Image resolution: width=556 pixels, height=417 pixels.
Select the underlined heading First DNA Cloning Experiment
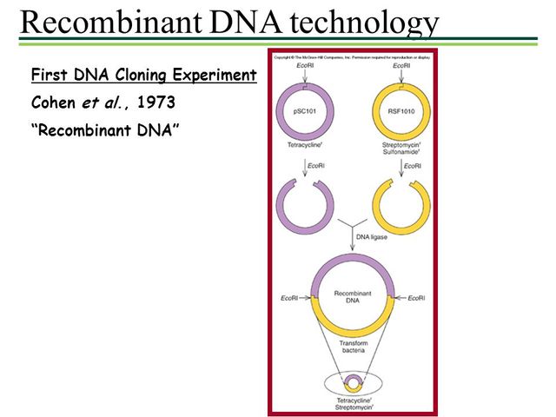(143, 76)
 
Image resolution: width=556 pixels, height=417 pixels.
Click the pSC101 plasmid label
(304, 110)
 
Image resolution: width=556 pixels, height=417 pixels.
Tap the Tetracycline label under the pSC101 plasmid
(304, 146)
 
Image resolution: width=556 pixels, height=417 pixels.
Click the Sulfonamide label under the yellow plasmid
(401, 154)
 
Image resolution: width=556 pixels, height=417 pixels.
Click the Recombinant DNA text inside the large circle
(353, 298)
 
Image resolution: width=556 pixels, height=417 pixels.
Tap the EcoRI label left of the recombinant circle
(292, 299)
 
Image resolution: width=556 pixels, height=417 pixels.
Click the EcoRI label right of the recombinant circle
(414, 299)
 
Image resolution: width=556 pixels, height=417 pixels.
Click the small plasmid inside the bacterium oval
(353, 382)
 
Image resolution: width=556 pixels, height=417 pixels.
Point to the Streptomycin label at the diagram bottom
(353, 407)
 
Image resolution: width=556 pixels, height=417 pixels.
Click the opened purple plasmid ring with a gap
(304, 207)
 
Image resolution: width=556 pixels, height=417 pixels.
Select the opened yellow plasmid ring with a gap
(401, 207)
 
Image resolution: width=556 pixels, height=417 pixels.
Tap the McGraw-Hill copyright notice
(351, 56)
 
